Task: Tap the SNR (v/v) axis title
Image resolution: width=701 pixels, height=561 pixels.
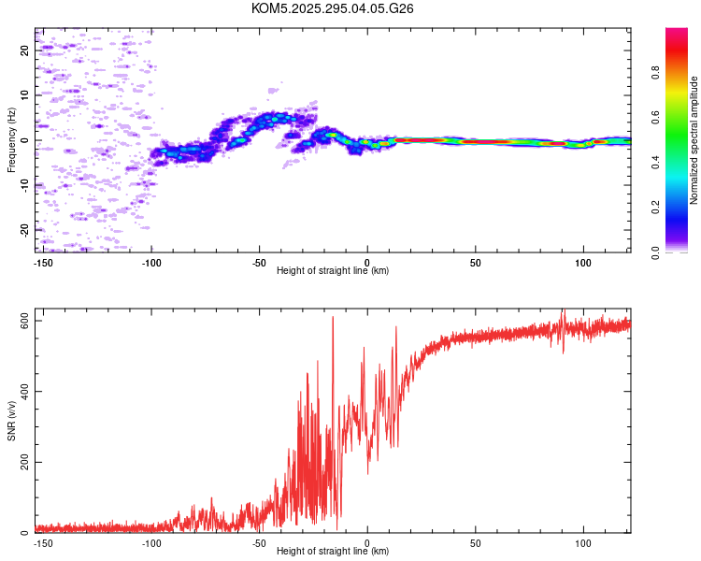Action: (x=11, y=421)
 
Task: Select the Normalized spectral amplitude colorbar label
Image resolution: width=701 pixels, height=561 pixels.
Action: (x=694, y=140)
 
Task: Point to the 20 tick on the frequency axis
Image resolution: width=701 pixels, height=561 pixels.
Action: (x=24, y=50)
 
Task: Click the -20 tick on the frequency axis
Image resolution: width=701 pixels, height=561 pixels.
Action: (x=24, y=229)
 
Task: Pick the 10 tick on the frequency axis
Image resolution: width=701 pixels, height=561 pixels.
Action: (x=24, y=95)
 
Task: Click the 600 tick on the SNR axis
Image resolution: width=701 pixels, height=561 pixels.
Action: (x=24, y=321)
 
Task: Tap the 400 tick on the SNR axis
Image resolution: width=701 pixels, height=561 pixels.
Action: (x=24, y=392)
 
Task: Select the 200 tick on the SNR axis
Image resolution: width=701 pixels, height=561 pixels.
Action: (x=24, y=462)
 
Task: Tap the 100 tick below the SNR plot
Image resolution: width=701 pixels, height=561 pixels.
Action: (x=584, y=542)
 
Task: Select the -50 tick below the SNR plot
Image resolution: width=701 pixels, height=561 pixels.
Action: (x=260, y=542)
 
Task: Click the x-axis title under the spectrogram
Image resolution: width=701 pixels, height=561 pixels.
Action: (x=333, y=271)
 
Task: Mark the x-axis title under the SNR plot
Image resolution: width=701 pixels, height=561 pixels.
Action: (x=333, y=552)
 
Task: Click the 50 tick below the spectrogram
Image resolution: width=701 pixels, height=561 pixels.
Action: (x=476, y=261)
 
